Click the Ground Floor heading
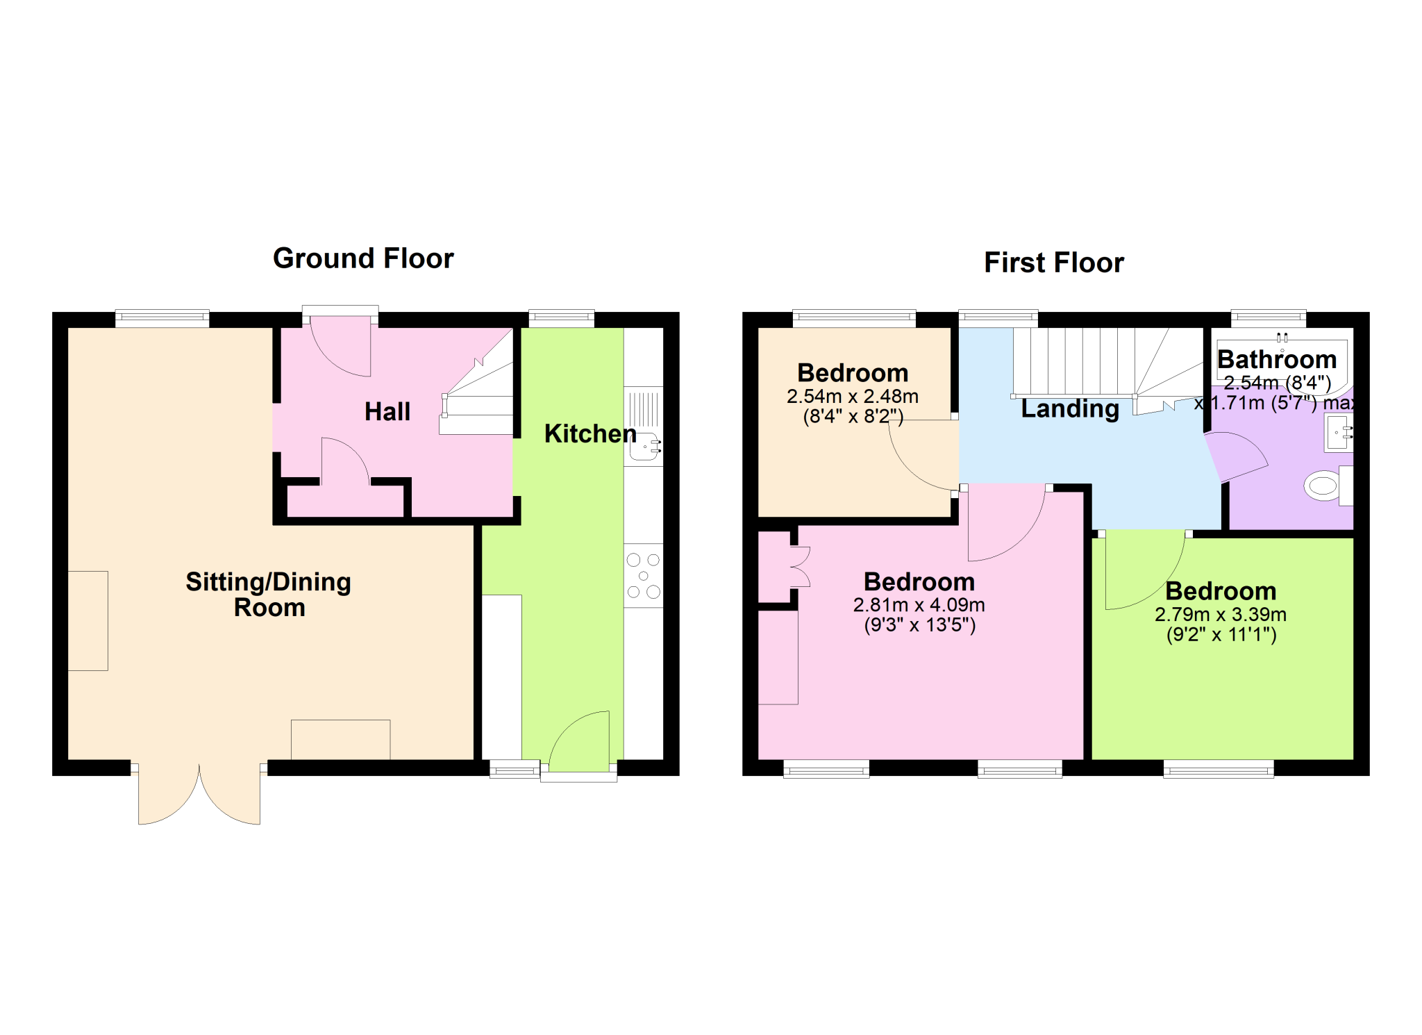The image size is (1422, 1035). coord(363,258)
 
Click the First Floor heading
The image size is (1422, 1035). coord(1053,263)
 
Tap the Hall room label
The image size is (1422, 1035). coord(387,411)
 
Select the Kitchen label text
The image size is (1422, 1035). coord(589,433)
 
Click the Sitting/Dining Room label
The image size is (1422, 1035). coord(269,594)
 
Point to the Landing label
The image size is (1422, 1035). coord(1070,408)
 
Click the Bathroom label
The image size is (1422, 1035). coord(1276,359)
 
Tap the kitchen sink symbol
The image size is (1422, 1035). coord(644,447)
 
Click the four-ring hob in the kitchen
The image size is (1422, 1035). coord(643,576)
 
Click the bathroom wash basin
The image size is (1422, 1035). coord(1339,433)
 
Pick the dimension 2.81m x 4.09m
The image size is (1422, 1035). coord(919,605)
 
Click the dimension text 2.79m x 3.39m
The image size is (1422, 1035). coord(1220,614)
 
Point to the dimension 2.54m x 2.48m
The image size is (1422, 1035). coord(852,396)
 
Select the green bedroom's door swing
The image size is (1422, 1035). coord(1141,570)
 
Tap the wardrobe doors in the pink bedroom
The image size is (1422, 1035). coord(800,567)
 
